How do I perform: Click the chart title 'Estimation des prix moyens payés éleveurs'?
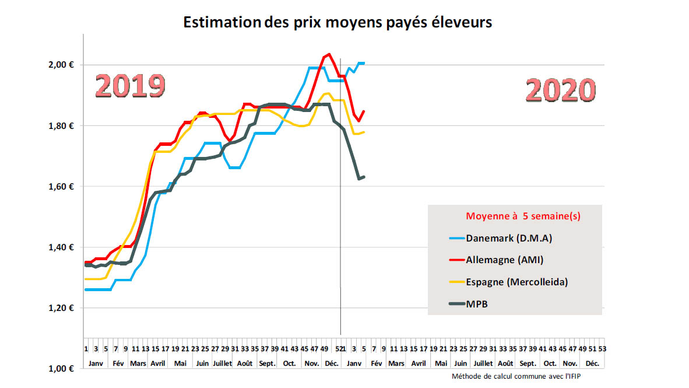[338, 22]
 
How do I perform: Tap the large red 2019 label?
[130, 86]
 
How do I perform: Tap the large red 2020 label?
[560, 91]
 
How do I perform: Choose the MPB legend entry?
[477, 303]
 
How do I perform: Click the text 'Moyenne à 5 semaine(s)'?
[523, 216]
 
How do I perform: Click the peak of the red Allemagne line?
[329, 54]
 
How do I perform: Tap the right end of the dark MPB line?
[364, 177]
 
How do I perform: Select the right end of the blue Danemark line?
[364, 63]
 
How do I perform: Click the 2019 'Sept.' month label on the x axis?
[267, 363]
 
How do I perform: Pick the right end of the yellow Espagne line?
[364, 132]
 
